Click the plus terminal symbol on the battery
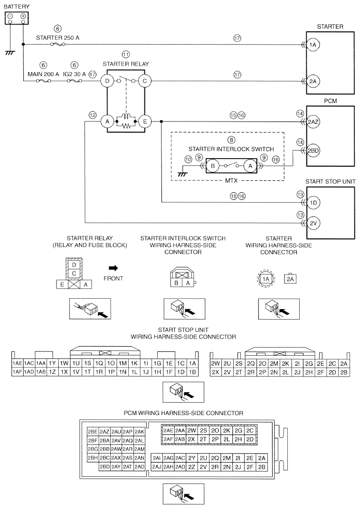click(23, 16)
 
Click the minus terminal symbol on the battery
click(10, 16)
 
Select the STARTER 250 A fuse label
click(57, 38)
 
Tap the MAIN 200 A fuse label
click(43, 74)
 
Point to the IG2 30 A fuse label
click(75, 74)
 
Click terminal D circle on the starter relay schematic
click(107, 81)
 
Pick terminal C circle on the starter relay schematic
click(145, 81)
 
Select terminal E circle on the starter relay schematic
click(145, 122)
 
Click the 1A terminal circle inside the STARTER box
click(313, 45)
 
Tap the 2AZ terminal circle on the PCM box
click(313, 122)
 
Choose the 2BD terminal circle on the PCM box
click(313, 151)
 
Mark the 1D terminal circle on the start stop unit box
click(313, 203)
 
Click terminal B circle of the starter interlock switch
click(213, 166)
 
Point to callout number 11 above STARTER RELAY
click(126, 54)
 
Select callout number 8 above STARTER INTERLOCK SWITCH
click(231, 140)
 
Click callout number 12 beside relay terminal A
click(93, 114)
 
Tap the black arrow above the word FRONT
click(114, 268)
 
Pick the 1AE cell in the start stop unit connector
click(17, 364)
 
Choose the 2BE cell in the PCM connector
click(93, 432)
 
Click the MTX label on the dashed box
click(231, 180)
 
